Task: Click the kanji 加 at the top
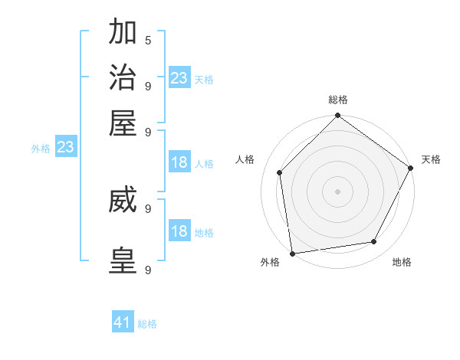[x=123, y=34]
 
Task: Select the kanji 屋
[x=123, y=123]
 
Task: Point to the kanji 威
[x=123, y=201]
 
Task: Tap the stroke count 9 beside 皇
[x=147, y=270]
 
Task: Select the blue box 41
[x=123, y=322]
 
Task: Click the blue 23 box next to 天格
[x=179, y=78]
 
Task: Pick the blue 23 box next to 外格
[x=65, y=147]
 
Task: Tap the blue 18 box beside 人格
[x=179, y=162]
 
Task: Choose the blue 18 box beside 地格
[x=179, y=231]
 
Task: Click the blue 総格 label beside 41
[x=147, y=324]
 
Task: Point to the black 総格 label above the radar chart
[x=338, y=100]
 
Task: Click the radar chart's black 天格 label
[x=431, y=159]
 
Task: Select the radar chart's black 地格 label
[x=402, y=262]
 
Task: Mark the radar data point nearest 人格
[x=280, y=172]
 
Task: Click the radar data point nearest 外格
[x=292, y=254]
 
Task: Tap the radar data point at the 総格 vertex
[x=338, y=116]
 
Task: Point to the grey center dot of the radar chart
[x=338, y=191]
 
